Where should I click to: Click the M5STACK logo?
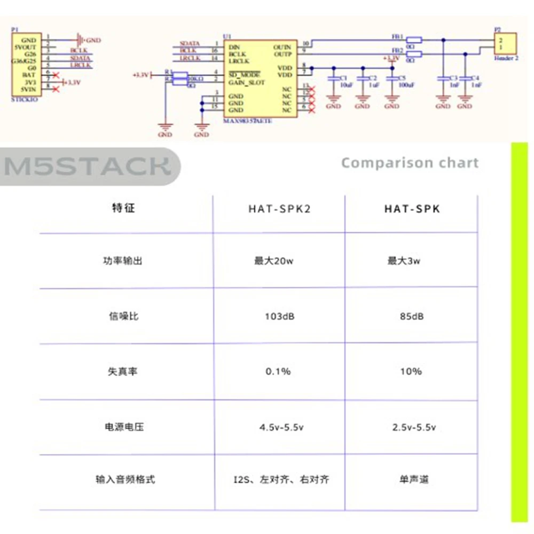pyautogui.click(x=88, y=167)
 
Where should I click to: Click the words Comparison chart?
pyautogui.click(x=410, y=163)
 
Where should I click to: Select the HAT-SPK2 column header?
pyautogui.click(x=279, y=209)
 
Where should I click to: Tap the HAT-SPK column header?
pyautogui.click(x=412, y=209)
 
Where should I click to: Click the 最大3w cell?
pyautogui.click(x=404, y=262)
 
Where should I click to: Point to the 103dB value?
pyautogui.click(x=280, y=317)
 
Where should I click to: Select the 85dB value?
pyautogui.click(x=411, y=317)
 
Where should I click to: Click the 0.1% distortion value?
pyautogui.click(x=278, y=371)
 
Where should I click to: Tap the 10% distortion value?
pyautogui.click(x=410, y=371)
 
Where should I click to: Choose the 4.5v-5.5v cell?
pyautogui.click(x=281, y=427)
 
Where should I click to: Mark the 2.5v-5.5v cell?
pyautogui.click(x=414, y=427)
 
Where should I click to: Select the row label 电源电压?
pyautogui.click(x=123, y=427)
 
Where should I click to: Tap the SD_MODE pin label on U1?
pyautogui.click(x=244, y=75)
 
